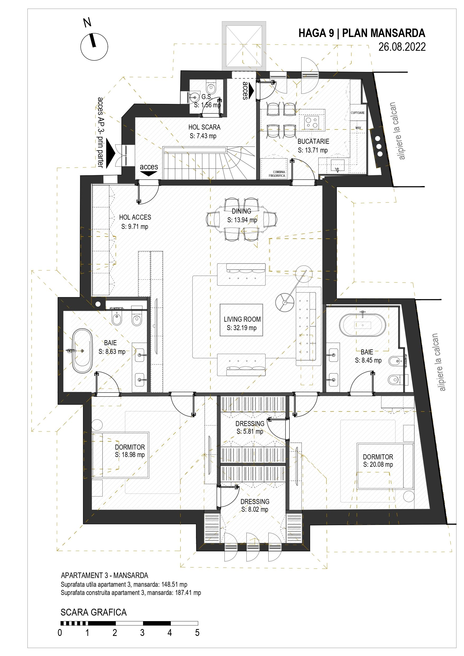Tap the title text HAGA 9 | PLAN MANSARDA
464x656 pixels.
coord(362,33)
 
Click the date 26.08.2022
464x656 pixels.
coord(402,47)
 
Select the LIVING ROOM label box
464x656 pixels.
coord(241,320)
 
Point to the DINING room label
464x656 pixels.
coord(242,211)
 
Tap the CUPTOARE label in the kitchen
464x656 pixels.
coord(358,113)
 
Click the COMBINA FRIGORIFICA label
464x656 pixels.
coord(277,174)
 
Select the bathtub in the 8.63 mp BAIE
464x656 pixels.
coord(82,351)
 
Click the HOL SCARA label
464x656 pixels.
coord(204,127)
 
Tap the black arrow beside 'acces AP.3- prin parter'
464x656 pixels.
coord(110,154)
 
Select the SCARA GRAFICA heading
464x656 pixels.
coord(94,612)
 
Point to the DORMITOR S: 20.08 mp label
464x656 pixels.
coord(378,461)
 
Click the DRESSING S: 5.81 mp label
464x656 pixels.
coord(250,427)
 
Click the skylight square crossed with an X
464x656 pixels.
coord(244,46)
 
